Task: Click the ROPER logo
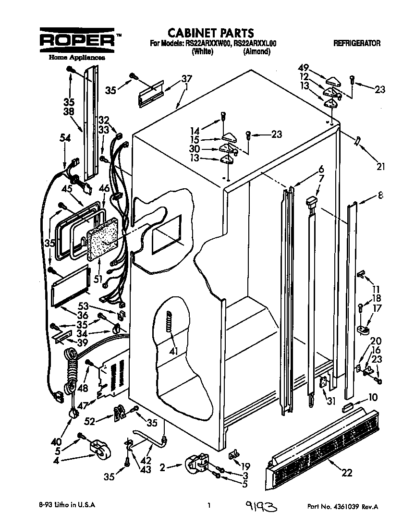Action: click(77, 41)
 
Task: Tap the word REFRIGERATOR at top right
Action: click(356, 43)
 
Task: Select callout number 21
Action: click(381, 167)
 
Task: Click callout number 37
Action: click(186, 79)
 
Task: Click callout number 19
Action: click(245, 465)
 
